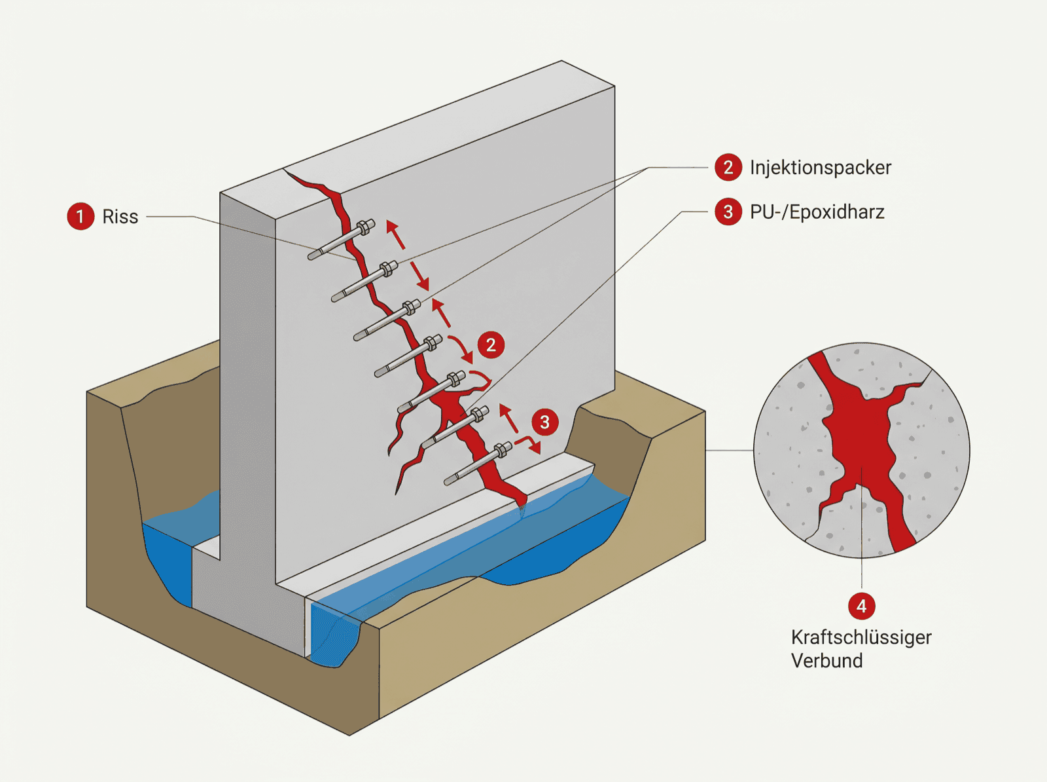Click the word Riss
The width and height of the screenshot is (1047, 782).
(x=120, y=217)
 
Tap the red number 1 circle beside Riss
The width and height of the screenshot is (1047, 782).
(x=80, y=216)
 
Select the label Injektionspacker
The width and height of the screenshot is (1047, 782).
(x=821, y=168)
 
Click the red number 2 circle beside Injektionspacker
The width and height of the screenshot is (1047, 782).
(x=728, y=168)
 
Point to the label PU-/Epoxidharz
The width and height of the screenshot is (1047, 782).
(x=817, y=212)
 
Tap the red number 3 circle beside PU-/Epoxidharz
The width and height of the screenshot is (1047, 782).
(x=728, y=212)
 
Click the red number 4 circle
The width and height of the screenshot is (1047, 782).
(x=861, y=606)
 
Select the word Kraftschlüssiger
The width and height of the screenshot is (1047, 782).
(x=861, y=638)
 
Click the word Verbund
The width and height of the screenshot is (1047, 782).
(x=826, y=661)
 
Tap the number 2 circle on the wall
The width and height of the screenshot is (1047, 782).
(x=491, y=344)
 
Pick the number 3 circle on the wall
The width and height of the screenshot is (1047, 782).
(x=544, y=422)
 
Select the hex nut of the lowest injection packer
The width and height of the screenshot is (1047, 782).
(x=503, y=450)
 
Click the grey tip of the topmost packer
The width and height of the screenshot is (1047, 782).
(x=313, y=256)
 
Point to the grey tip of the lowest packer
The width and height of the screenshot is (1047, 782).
(x=450, y=480)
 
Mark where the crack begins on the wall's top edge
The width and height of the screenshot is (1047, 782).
(x=285, y=170)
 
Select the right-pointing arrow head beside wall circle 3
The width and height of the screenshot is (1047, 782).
(x=536, y=448)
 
